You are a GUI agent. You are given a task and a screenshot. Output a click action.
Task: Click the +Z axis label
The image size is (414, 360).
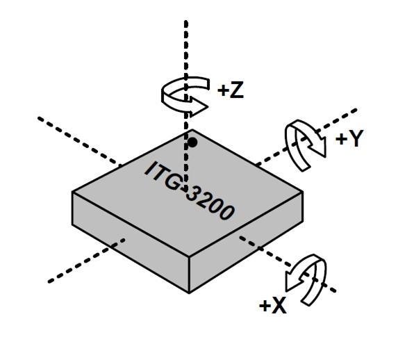tap(231, 90)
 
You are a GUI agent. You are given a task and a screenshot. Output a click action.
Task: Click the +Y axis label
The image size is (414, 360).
tap(349, 138)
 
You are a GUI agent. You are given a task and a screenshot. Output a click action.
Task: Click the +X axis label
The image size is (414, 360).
tap(273, 306)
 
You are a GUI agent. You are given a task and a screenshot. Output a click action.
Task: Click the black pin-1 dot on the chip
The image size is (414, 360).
tap(192, 142)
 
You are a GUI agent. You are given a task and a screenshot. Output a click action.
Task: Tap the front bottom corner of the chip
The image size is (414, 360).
tap(189, 293)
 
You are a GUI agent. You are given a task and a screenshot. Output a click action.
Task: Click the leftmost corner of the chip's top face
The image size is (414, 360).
tap(72, 193)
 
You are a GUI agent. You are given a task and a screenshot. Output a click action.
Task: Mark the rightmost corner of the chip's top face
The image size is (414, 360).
tap(303, 192)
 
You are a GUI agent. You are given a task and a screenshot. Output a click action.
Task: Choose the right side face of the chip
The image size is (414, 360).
tap(246, 242)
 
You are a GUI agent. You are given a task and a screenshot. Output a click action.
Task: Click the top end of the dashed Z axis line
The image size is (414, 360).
tap(186, 21)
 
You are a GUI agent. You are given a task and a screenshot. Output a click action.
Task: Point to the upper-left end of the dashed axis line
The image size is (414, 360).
tap(38, 118)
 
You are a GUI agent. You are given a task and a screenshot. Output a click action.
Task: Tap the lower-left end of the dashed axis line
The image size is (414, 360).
tap(49, 282)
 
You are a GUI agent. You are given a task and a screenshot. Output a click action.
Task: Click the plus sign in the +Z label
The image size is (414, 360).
tap(223, 90)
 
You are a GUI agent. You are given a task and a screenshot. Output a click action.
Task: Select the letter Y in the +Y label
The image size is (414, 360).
tap(356, 138)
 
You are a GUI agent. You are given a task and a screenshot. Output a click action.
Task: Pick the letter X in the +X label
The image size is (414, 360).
tap(279, 306)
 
